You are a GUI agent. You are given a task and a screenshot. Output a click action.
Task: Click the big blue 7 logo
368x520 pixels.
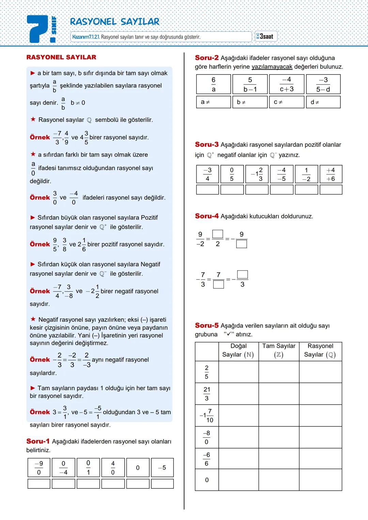tap(38, 29)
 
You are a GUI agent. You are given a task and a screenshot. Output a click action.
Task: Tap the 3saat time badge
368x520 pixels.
tap(266, 36)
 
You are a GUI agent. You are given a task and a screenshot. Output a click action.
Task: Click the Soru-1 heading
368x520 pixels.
tap(37, 441)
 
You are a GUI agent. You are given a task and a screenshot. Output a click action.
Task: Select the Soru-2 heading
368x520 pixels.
tap(206, 58)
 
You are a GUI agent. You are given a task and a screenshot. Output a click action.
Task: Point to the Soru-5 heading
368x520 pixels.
tap(206, 326)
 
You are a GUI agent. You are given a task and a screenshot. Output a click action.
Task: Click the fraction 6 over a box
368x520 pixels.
tap(213, 84)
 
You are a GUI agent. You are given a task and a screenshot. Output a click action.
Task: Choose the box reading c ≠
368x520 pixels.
tap(287, 102)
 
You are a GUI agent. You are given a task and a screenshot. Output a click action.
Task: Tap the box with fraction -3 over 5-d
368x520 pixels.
tap(323, 84)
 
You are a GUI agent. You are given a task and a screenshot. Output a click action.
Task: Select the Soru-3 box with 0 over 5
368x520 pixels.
tap(232, 174)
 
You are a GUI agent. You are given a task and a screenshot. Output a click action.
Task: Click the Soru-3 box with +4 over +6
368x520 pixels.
tap(331, 174)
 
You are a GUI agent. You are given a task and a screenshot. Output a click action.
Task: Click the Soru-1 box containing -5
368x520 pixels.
tap(162, 468)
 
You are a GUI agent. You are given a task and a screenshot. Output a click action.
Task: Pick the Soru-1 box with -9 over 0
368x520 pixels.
tap(39, 468)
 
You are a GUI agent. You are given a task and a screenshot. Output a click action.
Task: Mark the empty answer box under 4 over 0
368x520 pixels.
tap(113, 484)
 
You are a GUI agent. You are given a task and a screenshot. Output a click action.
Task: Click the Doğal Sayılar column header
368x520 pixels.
tap(239, 350)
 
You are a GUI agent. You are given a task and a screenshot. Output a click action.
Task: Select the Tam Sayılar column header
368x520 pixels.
tap(279, 350)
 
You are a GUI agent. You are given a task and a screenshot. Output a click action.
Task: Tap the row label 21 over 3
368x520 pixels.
tap(207, 394)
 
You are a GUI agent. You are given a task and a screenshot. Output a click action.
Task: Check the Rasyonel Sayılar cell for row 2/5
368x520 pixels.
tap(320, 372)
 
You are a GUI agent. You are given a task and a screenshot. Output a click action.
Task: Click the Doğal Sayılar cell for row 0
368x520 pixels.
tap(239, 480)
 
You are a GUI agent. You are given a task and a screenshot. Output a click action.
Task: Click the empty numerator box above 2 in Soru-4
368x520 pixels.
tap(218, 234)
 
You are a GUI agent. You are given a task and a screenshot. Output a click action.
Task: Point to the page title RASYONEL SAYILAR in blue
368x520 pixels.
tap(114, 22)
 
